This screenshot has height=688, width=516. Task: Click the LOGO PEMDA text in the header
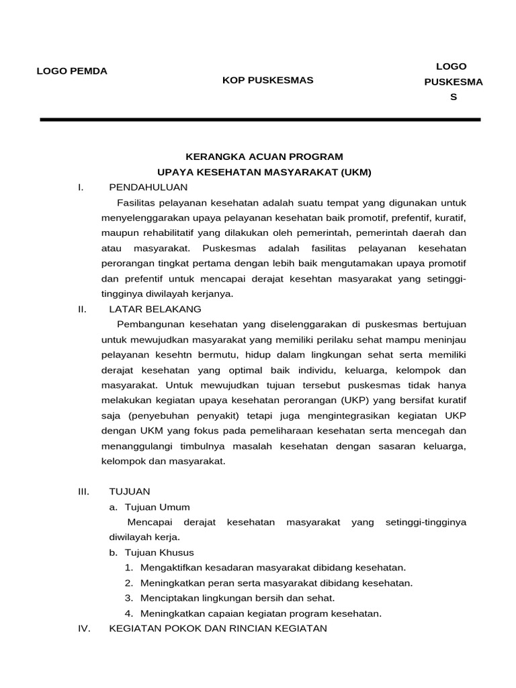[x=71, y=71]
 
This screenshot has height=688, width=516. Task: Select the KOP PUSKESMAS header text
[x=268, y=81]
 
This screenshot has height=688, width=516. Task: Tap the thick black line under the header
[x=260, y=120]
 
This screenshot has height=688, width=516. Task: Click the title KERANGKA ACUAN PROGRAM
[x=264, y=157]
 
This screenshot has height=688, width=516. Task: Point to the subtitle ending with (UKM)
[x=263, y=172]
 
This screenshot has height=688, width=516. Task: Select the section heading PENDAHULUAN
[x=148, y=187]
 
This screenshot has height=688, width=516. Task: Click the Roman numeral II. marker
[x=82, y=309]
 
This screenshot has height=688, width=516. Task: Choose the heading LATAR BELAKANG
[x=155, y=309]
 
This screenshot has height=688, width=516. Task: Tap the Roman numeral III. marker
[x=83, y=492]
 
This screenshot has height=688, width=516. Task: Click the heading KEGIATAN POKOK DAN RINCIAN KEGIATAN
[x=218, y=629]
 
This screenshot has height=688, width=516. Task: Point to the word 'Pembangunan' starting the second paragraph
[x=150, y=325]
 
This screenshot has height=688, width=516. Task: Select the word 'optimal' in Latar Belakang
[x=241, y=370]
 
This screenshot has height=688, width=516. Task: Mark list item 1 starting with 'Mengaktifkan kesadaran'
[x=273, y=568]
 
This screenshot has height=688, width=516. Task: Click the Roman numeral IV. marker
[x=83, y=629]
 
